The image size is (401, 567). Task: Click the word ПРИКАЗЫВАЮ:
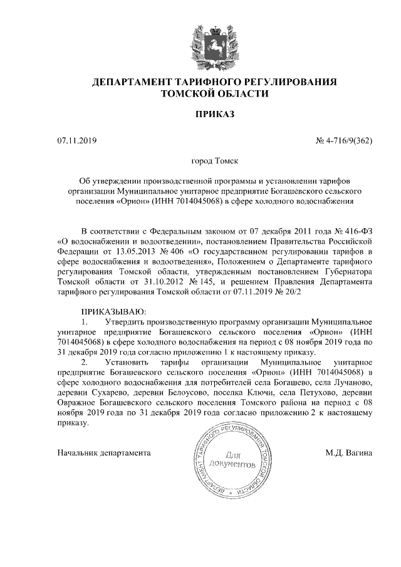pyautogui.click(x=113, y=310)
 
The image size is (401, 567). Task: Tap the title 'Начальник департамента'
pyautogui.click(x=104, y=452)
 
